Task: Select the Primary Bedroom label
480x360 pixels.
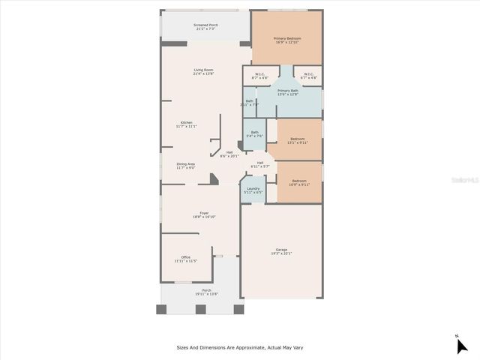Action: click(287, 39)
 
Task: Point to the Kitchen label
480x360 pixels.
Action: click(186, 124)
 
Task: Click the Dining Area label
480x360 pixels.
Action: click(186, 166)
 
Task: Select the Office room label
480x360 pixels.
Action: click(185, 259)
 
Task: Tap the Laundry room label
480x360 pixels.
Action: click(253, 190)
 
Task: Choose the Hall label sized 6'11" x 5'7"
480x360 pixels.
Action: click(259, 164)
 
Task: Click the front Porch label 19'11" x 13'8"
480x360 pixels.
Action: click(206, 292)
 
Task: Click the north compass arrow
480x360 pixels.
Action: click(461, 345)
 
